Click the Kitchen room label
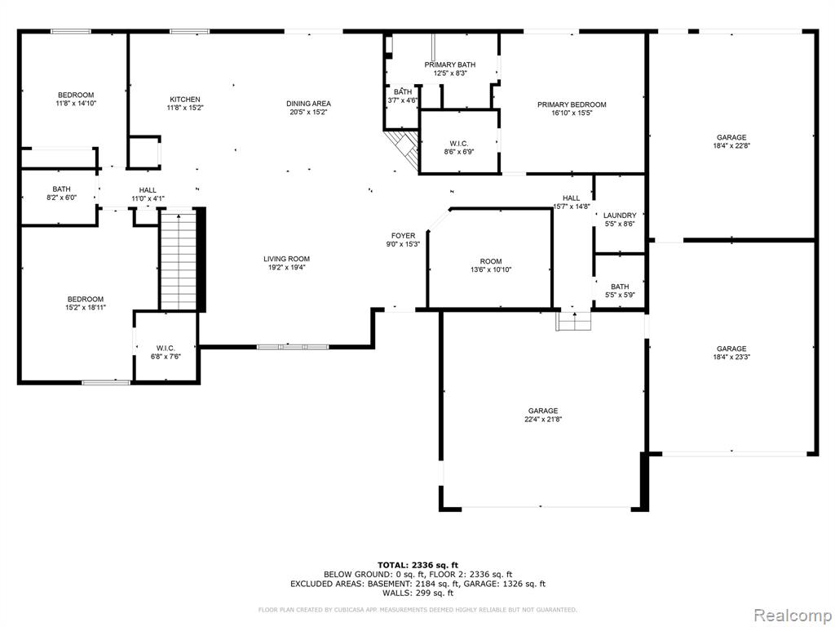click(185, 99)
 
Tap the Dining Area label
click(308, 104)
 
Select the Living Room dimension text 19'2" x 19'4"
click(286, 268)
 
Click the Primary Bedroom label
click(572, 104)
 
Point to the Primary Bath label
click(450, 64)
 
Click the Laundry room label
click(620, 216)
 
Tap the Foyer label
click(403, 236)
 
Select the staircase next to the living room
click(179, 260)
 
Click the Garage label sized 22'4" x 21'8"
click(543, 411)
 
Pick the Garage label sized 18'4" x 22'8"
click(731, 137)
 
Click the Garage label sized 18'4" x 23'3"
click(731, 349)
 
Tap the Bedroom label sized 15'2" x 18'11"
click(85, 299)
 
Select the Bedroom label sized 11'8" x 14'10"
click(76, 95)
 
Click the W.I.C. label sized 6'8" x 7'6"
click(166, 348)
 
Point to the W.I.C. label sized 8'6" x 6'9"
click(458, 144)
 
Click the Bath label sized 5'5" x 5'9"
click(620, 287)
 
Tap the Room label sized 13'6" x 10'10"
click(490, 261)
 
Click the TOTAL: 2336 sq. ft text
click(417, 565)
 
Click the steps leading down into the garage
click(573, 321)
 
